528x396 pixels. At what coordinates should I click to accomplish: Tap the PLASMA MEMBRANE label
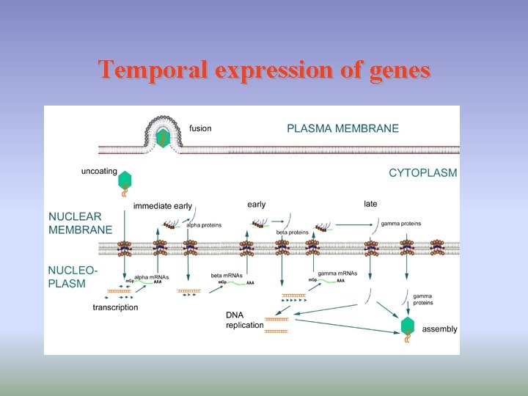point(342,128)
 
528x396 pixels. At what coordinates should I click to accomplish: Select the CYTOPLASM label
point(422,173)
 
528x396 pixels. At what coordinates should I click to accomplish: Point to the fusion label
point(200,128)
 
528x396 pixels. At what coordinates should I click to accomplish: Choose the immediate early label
point(163,207)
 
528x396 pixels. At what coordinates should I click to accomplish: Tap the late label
point(371,204)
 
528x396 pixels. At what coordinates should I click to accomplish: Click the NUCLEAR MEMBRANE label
point(80,224)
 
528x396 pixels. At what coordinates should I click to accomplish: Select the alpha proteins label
point(204,225)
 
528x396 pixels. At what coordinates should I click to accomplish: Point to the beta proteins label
point(292,232)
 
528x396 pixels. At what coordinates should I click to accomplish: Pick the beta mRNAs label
point(227,276)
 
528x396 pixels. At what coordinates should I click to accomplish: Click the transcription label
point(115,307)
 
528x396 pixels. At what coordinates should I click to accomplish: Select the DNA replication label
point(244,320)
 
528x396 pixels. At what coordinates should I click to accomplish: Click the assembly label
point(440,329)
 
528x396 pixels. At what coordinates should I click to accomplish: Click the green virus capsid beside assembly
point(408,326)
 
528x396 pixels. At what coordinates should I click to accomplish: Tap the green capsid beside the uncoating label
point(125,180)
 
